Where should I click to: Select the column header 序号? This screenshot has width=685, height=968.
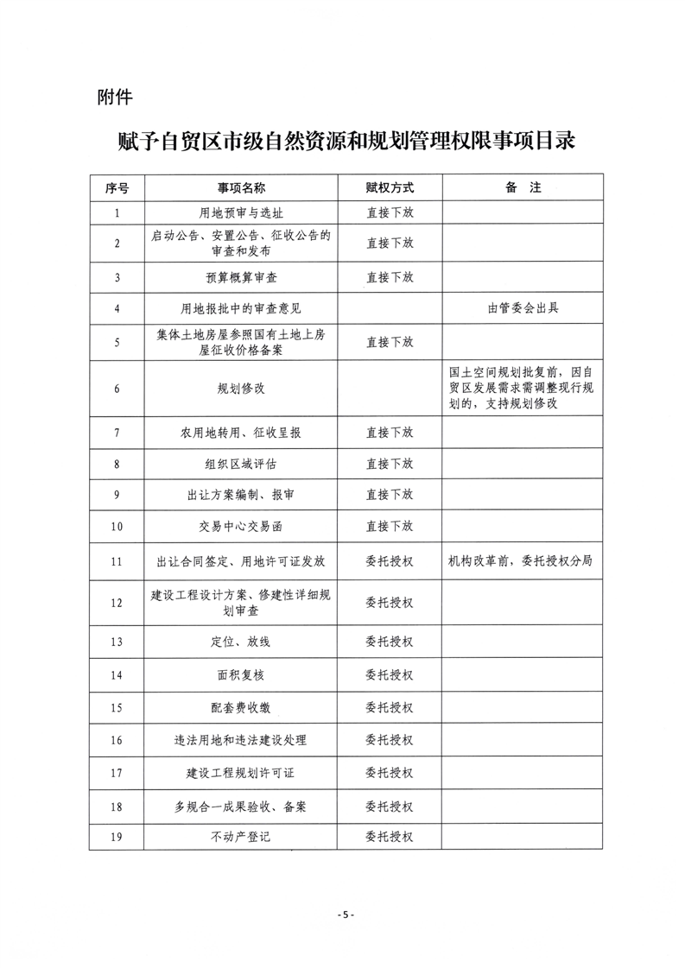(117, 187)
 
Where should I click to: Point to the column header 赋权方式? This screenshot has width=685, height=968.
(390, 187)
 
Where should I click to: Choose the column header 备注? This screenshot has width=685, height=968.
(522, 187)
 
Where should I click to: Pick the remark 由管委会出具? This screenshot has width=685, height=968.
(522, 308)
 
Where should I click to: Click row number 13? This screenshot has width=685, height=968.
(117, 642)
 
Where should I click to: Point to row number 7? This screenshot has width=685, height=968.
(117, 432)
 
